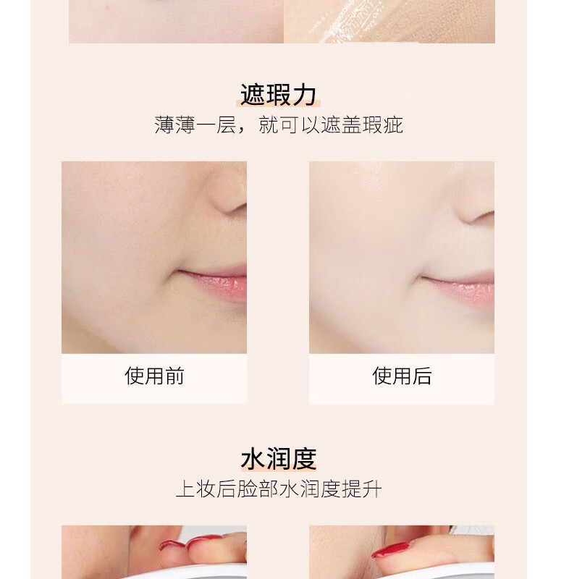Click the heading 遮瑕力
coord(278,95)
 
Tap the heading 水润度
coord(279,459)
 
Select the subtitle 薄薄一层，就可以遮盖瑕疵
coord(279,124)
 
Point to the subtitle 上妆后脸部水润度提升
coord(279,489)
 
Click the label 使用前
coord(154,376)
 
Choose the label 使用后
coord(402,376)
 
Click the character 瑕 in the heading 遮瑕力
coord(278,95)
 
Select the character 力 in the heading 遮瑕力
coord(304,95)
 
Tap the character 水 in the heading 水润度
coord(253,459)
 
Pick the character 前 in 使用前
coord(174,376)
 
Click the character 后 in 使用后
coord(421,376)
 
